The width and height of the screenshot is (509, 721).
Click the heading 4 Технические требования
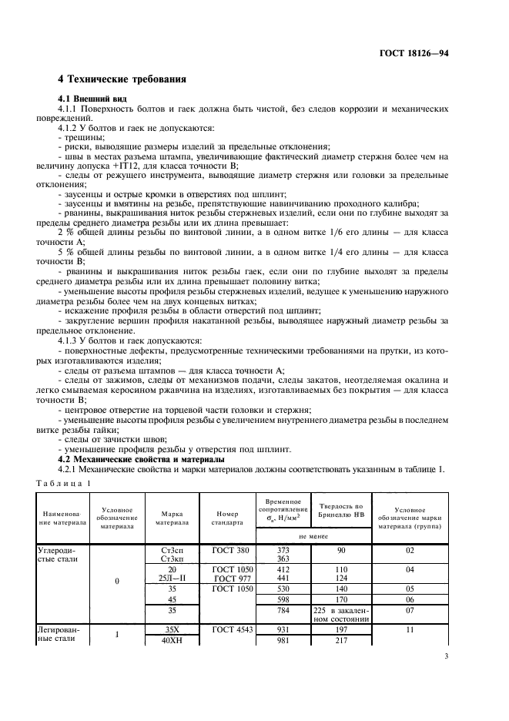[x=122, y=79]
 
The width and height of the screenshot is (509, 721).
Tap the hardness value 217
[x=339, y=640]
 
